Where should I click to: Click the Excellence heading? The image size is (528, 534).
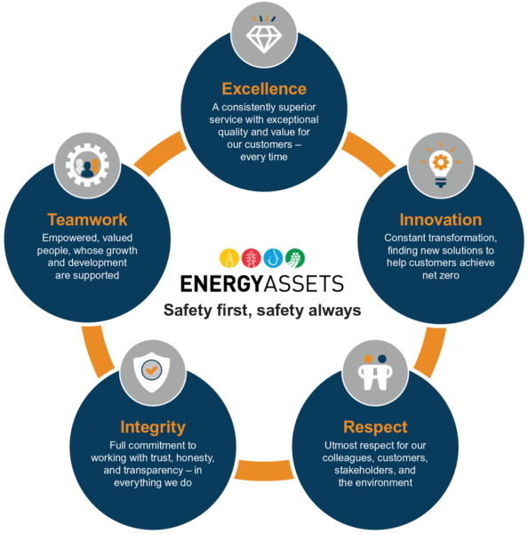click(264, 89)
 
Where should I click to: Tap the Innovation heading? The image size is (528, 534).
click(441, 220)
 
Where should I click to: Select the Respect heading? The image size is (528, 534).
click(375, 427)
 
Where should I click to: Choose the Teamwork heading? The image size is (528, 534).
click(87, 220)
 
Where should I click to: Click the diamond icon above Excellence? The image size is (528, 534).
click(264, 35)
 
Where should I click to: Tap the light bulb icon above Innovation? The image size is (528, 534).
click(441, 165)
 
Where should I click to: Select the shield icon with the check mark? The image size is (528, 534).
click(152, 372)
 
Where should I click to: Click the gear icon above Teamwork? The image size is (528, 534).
click(87, 165)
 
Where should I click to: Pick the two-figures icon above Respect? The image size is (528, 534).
click(375, 372)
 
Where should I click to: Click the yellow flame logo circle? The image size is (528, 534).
click(229, 258)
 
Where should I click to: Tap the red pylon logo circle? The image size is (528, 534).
click(251, 258)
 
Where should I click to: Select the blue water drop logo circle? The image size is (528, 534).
click(273, 258)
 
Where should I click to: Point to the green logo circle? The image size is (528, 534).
click(295, 258)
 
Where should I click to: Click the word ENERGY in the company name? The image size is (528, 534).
click(222, 284)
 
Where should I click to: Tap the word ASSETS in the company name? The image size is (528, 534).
click(304, 284)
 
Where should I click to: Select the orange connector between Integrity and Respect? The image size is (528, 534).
click(264, 470)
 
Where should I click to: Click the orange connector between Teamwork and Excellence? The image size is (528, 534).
click(159, 153)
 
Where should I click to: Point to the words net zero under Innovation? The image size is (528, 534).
click(441, 275)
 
